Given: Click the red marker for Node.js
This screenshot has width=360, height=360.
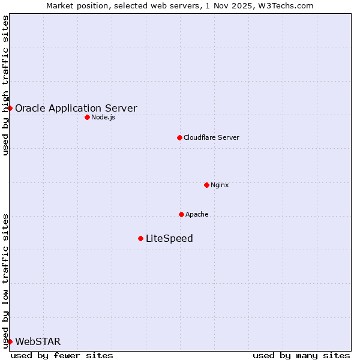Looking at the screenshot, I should click(87, 117).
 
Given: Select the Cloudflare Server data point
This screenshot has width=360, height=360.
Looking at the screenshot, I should click(179, 137).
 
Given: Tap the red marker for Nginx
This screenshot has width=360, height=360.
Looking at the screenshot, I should click(206, 185).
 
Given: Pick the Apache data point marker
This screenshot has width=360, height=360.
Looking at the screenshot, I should click(181, 214).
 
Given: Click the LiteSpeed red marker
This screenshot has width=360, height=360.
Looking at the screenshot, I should click(140, 238).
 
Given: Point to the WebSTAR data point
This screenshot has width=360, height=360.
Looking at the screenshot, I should click(10, 341).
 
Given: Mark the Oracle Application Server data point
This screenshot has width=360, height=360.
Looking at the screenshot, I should click(10, 108).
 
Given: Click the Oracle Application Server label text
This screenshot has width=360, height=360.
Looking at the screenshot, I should click(76, 108).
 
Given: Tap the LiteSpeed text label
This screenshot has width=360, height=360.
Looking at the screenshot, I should click(169, 238).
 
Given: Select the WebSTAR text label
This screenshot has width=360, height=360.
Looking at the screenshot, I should click(38, 341).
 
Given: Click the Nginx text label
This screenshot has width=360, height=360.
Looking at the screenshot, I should click(220, 185).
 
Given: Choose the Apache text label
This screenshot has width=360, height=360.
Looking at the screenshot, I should click(197, 214).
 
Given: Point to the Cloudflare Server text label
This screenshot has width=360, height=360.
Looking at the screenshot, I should click(211, 137).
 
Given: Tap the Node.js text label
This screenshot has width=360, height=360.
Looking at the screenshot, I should click(103, 117).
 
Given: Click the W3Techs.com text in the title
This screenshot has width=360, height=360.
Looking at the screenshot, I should click(284, 5).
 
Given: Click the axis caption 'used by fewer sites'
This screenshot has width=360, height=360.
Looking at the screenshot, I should click(62, 355).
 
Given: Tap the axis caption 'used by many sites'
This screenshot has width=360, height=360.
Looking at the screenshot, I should click(301, 355).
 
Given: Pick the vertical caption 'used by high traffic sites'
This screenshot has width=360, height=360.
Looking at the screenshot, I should click(5, 86).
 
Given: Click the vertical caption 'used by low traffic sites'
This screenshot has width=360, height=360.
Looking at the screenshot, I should click(5, 280).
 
